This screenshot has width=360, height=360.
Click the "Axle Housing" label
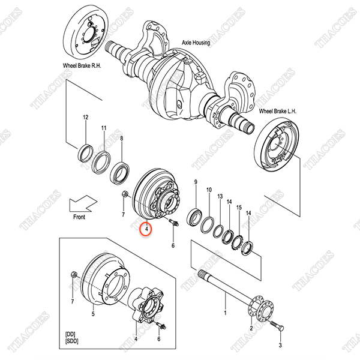[x=196, y=43]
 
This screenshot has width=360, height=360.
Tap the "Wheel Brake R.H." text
[x=82, y=65]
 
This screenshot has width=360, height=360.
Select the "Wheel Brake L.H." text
[x=278, y=112]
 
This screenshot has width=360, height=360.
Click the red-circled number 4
[x=146, y=229]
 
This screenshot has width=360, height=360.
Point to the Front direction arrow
[x=83, y=203]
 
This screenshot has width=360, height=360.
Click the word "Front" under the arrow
[x=79, y=217]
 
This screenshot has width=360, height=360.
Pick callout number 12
[x=85, y=118]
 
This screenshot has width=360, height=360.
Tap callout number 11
[x=104, y=128]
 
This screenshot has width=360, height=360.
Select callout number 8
[x=122, y=139]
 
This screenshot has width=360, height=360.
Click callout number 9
[x=196, y=182]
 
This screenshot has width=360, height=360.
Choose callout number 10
[x=209, y=190]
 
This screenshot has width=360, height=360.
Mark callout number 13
[x=220, y=196]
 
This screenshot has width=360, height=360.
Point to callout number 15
[x=239, y=208]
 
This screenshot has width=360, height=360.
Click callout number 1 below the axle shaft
[x=225, y=313]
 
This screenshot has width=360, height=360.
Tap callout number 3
[x=280, y=345]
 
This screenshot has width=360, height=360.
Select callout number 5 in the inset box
[x=93, y=314]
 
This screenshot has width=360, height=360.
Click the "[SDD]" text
[x=71, y=341]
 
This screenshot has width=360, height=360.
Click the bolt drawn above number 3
[x=277, y=325]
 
